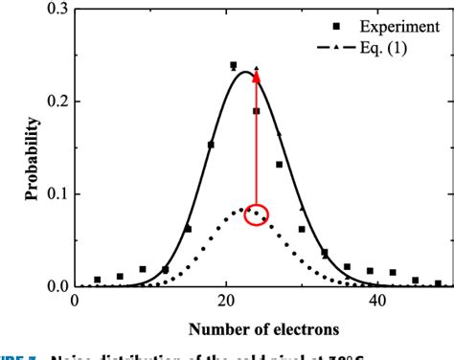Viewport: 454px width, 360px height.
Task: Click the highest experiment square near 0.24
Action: tap(234, 65)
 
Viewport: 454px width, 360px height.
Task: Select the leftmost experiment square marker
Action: tap(98, 280)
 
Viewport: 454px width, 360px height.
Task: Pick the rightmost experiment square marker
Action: tap(438, 283)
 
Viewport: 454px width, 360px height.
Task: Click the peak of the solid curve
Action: tap(246, 72)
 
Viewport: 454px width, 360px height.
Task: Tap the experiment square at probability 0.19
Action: tap(257, 111)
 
